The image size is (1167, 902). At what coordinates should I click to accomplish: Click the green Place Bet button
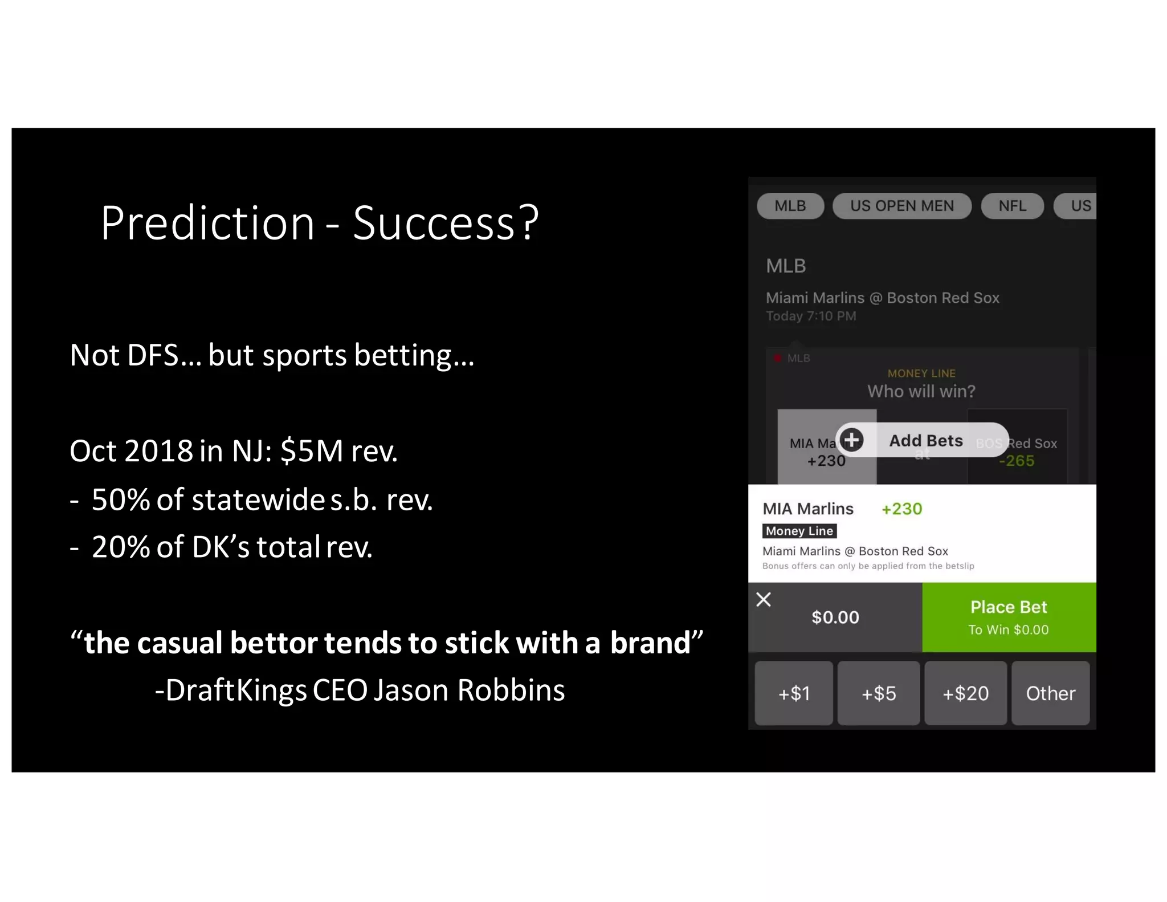(1009, 617)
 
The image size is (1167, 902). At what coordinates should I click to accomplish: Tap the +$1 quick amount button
(794, 693)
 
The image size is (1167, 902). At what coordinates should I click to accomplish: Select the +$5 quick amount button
(879, 693)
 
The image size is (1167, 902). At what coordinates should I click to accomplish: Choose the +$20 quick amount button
(965, 693)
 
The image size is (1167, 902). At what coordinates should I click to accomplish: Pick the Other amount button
(1050, 693)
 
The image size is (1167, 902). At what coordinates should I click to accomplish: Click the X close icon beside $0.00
(764, 599)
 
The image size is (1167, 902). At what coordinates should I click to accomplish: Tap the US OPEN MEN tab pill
(901, 206)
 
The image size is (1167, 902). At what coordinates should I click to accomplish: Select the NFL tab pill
(1012, 206)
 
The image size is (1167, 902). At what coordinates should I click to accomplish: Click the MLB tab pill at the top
(790, 206)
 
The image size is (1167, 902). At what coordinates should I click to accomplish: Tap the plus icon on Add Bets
(852, 440)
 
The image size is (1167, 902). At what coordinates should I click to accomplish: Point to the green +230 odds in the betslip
(901, 509)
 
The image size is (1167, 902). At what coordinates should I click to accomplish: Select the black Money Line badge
(799, 531)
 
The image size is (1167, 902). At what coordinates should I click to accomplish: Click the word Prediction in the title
(207, 223)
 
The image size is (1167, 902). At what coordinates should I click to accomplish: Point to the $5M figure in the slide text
(312, 450)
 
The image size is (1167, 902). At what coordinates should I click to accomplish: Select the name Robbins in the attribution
(511, 690)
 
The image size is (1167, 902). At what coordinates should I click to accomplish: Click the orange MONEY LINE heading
(921, 373)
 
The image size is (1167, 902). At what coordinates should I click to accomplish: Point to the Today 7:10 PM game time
(811, 316)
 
